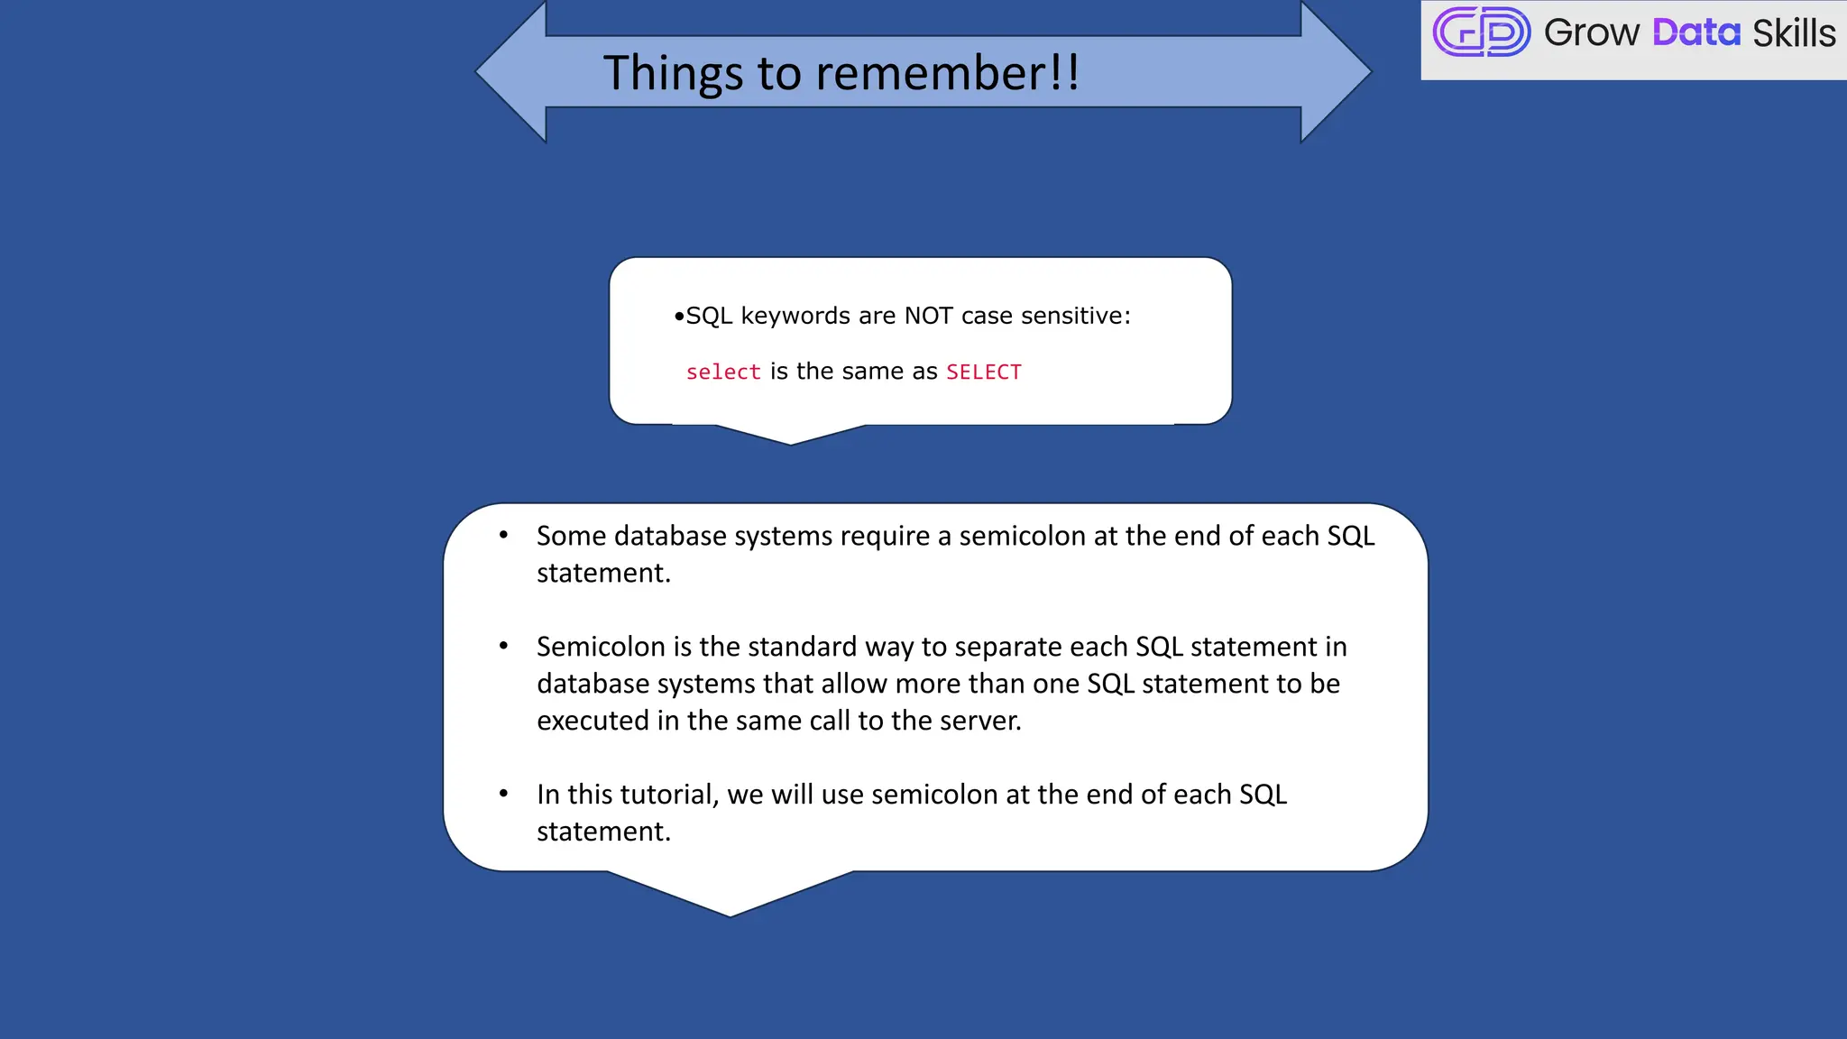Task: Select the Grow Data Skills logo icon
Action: click(x=1481, y=32)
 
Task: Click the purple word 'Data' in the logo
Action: click(x=1695, y=33)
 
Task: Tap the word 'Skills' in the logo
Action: click(x=1793, y=33)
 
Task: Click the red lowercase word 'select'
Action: click(x=723, y=372)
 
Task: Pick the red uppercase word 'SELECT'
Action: click(x=983, y=372)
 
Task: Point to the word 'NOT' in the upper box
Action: click(x=928, y=316)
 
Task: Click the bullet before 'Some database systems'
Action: click(x=504, y=536)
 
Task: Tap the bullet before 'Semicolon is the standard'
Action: click(x=504, y=647)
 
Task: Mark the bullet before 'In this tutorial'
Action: click(x=504, y=795)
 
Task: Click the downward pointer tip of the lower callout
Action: click(x=731, y=913)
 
